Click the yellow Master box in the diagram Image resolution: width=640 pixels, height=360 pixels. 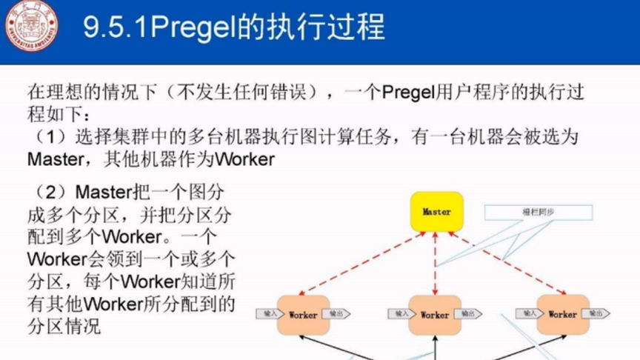tap(436, 211)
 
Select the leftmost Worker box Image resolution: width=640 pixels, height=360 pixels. tap(302, 314)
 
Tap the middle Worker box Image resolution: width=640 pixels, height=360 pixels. tap(435, 314)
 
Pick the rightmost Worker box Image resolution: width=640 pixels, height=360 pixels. tap(562, 314)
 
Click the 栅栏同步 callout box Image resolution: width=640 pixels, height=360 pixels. tap(539, 212)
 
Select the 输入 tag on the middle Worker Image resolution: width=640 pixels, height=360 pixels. tap(400, 313)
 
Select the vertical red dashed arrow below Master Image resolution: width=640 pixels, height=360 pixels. tap(436, 262)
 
